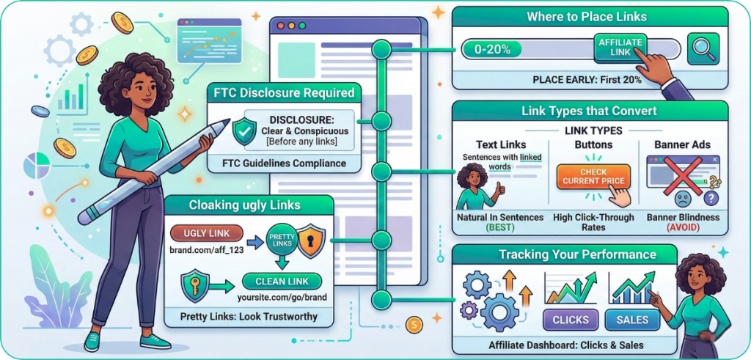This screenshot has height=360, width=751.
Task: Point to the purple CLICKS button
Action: [x=570, y=320]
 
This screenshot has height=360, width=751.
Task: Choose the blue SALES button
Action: [x=632, y=320]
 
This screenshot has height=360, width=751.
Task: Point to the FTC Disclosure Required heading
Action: [x=285, y=93]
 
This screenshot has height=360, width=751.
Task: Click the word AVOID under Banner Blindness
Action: [x=682, y=227]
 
